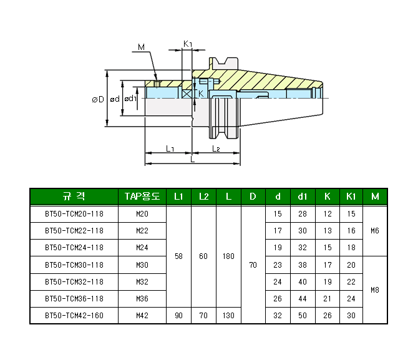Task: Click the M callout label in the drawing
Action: coord(141,47)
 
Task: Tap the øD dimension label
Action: coord(97,99)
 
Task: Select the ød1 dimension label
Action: coord(130,99)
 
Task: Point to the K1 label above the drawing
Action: coord(188,44)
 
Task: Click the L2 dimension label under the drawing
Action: coord(216,148)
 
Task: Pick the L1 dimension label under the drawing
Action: coord(170,148)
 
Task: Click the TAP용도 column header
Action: coord(142,197)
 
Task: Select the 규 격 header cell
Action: coord(74,197)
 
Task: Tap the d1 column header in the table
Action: coord(303,197)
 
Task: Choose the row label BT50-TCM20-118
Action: coord(74,214)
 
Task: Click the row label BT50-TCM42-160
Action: coord(74,316)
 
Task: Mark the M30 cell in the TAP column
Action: coord(142,265)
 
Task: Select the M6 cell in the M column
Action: coord(375,231)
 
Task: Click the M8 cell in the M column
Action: coord(375,290)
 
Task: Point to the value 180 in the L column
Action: coord(228,256)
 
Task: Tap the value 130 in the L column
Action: coord(228,316)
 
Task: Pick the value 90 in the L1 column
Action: coord(178,316)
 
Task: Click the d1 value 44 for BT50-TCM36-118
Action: coord(303,299)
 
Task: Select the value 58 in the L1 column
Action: coord(178,256)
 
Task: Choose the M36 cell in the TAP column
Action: coord(142,299)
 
